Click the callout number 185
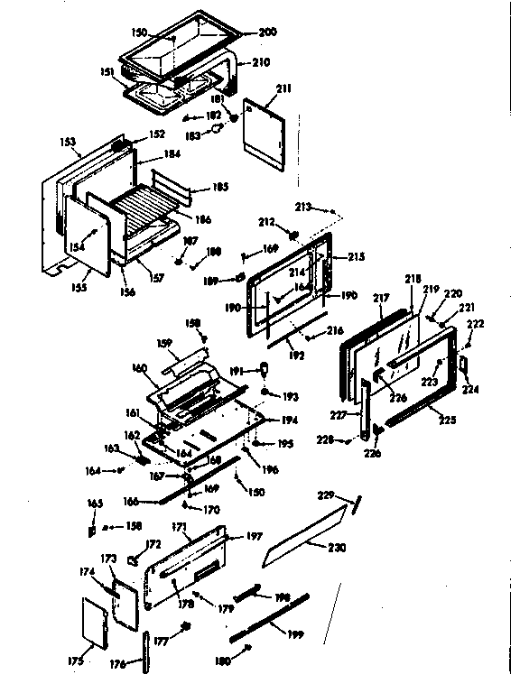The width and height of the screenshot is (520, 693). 219,189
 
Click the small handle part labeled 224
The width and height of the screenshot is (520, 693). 464,363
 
